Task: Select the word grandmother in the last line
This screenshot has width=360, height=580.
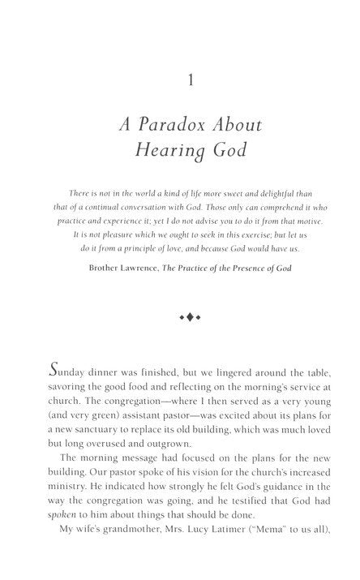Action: click(124, 553)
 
